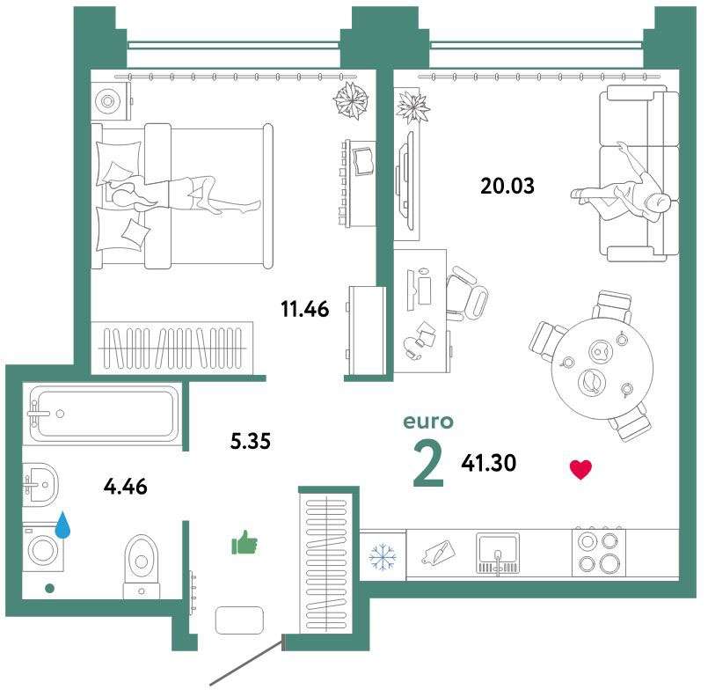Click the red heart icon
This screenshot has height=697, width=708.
580,470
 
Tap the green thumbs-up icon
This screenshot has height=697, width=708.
244,542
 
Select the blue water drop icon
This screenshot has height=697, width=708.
62,525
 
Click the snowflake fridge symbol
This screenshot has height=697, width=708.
383,556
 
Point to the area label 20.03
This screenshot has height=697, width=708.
507,186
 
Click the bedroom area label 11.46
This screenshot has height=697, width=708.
305,310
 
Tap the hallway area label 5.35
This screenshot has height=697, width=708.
250,441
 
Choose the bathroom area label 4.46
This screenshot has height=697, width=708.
125,487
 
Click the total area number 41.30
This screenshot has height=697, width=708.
488,463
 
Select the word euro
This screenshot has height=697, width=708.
428,422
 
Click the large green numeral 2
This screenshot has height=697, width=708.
428,465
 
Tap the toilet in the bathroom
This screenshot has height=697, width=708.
142,568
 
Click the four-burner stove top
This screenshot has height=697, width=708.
599,552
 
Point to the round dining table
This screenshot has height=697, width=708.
602,370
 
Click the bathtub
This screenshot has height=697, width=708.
104,414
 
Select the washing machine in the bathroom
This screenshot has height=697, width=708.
43,548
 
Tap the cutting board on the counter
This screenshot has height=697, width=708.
439,552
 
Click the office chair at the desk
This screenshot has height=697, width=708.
466,294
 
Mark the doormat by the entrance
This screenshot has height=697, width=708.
239,620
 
